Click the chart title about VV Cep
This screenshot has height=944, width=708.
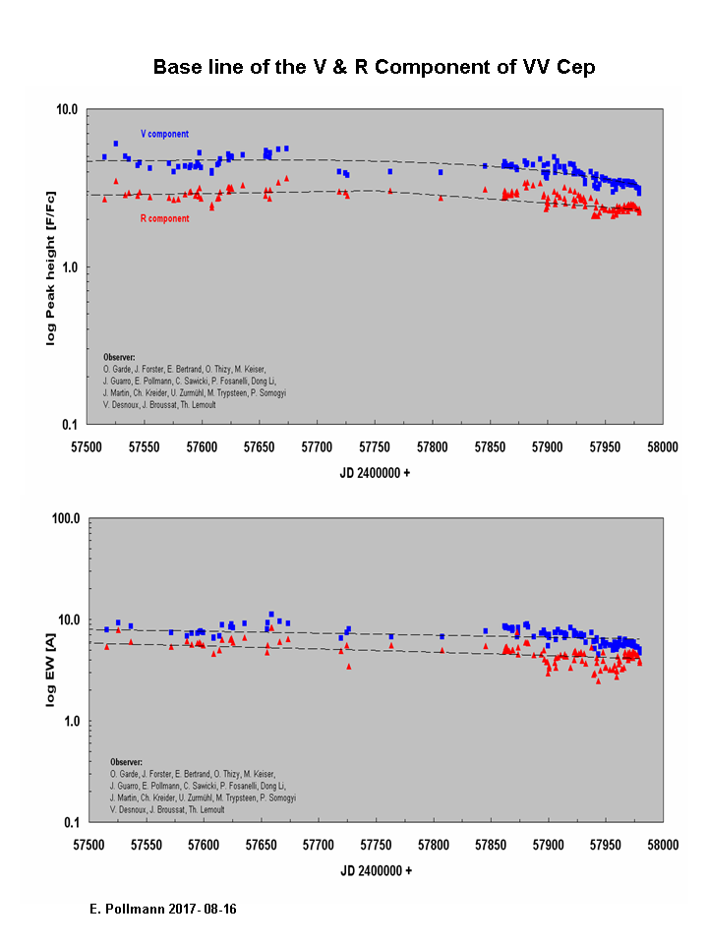click(374, 68)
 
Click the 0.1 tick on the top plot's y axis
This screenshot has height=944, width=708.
click(69, 425)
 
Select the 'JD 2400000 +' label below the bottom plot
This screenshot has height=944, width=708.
click(374, 870)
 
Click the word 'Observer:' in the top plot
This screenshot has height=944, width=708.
click(119, 357)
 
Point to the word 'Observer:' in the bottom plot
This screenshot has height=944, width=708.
click(126, 761)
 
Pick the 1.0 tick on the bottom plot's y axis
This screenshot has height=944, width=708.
click(69, 721)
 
